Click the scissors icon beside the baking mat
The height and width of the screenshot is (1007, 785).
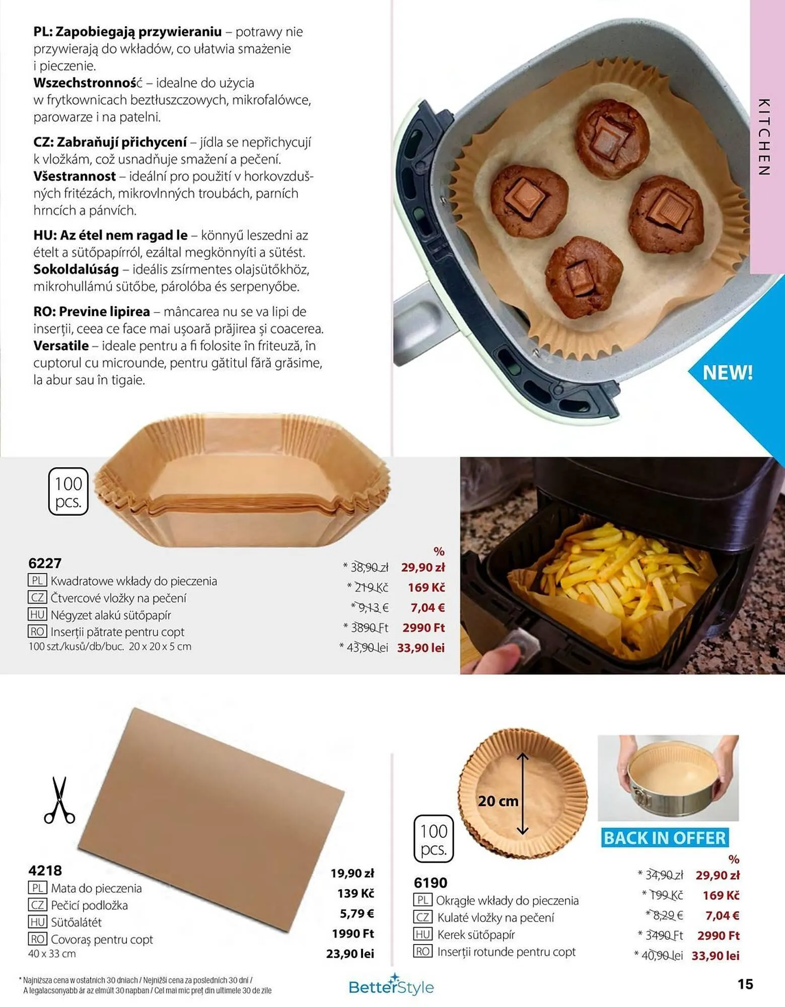click(x=59, y=800)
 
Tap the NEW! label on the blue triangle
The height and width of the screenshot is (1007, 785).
click(x=727, y=373)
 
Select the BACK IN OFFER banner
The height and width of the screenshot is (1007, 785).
click(x=665, y=838)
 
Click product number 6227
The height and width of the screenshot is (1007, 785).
click(x=45, y=563)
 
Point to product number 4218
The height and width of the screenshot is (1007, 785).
click(x=45, y=871)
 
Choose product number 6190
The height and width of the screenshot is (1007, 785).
click(x=431, y=883)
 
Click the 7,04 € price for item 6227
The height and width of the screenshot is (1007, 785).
click(x=427, y=608)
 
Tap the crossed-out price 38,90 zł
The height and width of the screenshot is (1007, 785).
click(x=369, y=567)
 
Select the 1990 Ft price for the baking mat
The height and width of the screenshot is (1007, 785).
click(x=352, y=933)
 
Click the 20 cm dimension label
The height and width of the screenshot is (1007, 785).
click(x=497, y=801)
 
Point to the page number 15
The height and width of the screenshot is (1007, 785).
click(x=745, y=984)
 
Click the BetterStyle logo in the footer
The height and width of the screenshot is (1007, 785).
click(x=391, y=986)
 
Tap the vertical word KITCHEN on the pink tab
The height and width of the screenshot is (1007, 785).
click(x=764, y=137)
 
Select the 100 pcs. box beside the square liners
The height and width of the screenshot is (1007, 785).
click(x=68, y=492)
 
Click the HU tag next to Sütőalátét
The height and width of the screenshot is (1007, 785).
click(x=37, y=922)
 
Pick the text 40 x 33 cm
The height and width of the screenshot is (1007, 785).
click(x=52, y=954)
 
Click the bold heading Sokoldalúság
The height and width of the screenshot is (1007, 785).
click(x=76, y=269)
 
